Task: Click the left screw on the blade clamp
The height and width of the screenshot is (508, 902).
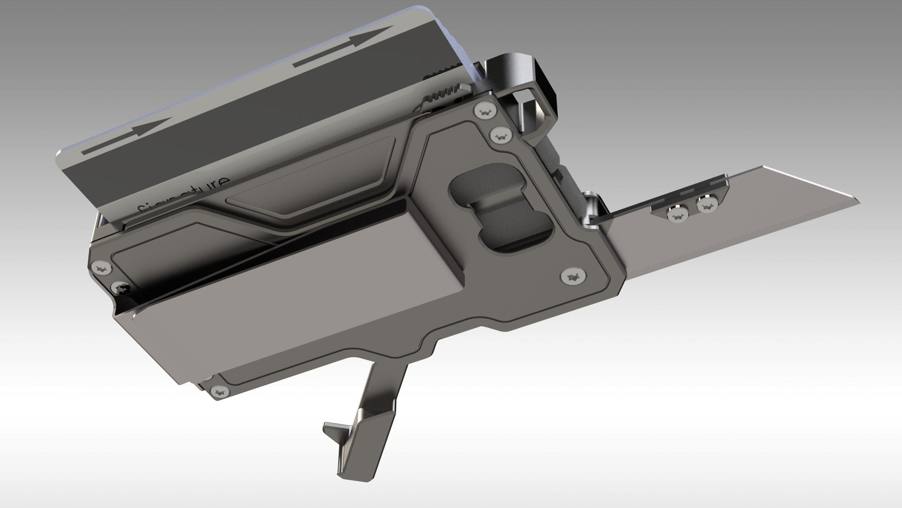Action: point(677,214)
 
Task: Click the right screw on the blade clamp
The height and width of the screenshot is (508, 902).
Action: point(707,205)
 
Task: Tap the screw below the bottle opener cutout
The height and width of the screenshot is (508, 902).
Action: point(573,277)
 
